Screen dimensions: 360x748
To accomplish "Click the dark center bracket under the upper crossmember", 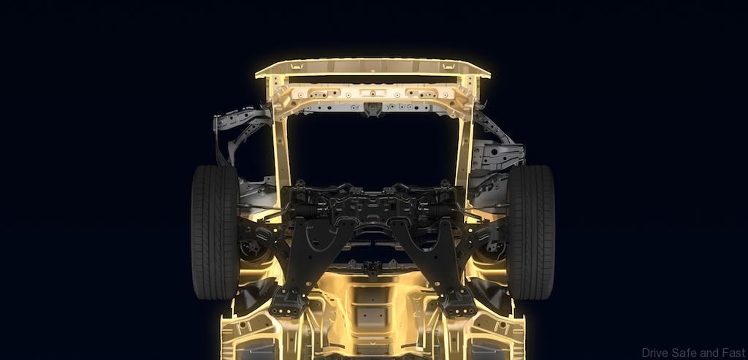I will coord(373,110).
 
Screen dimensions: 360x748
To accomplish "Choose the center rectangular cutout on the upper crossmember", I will coord(373,93).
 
